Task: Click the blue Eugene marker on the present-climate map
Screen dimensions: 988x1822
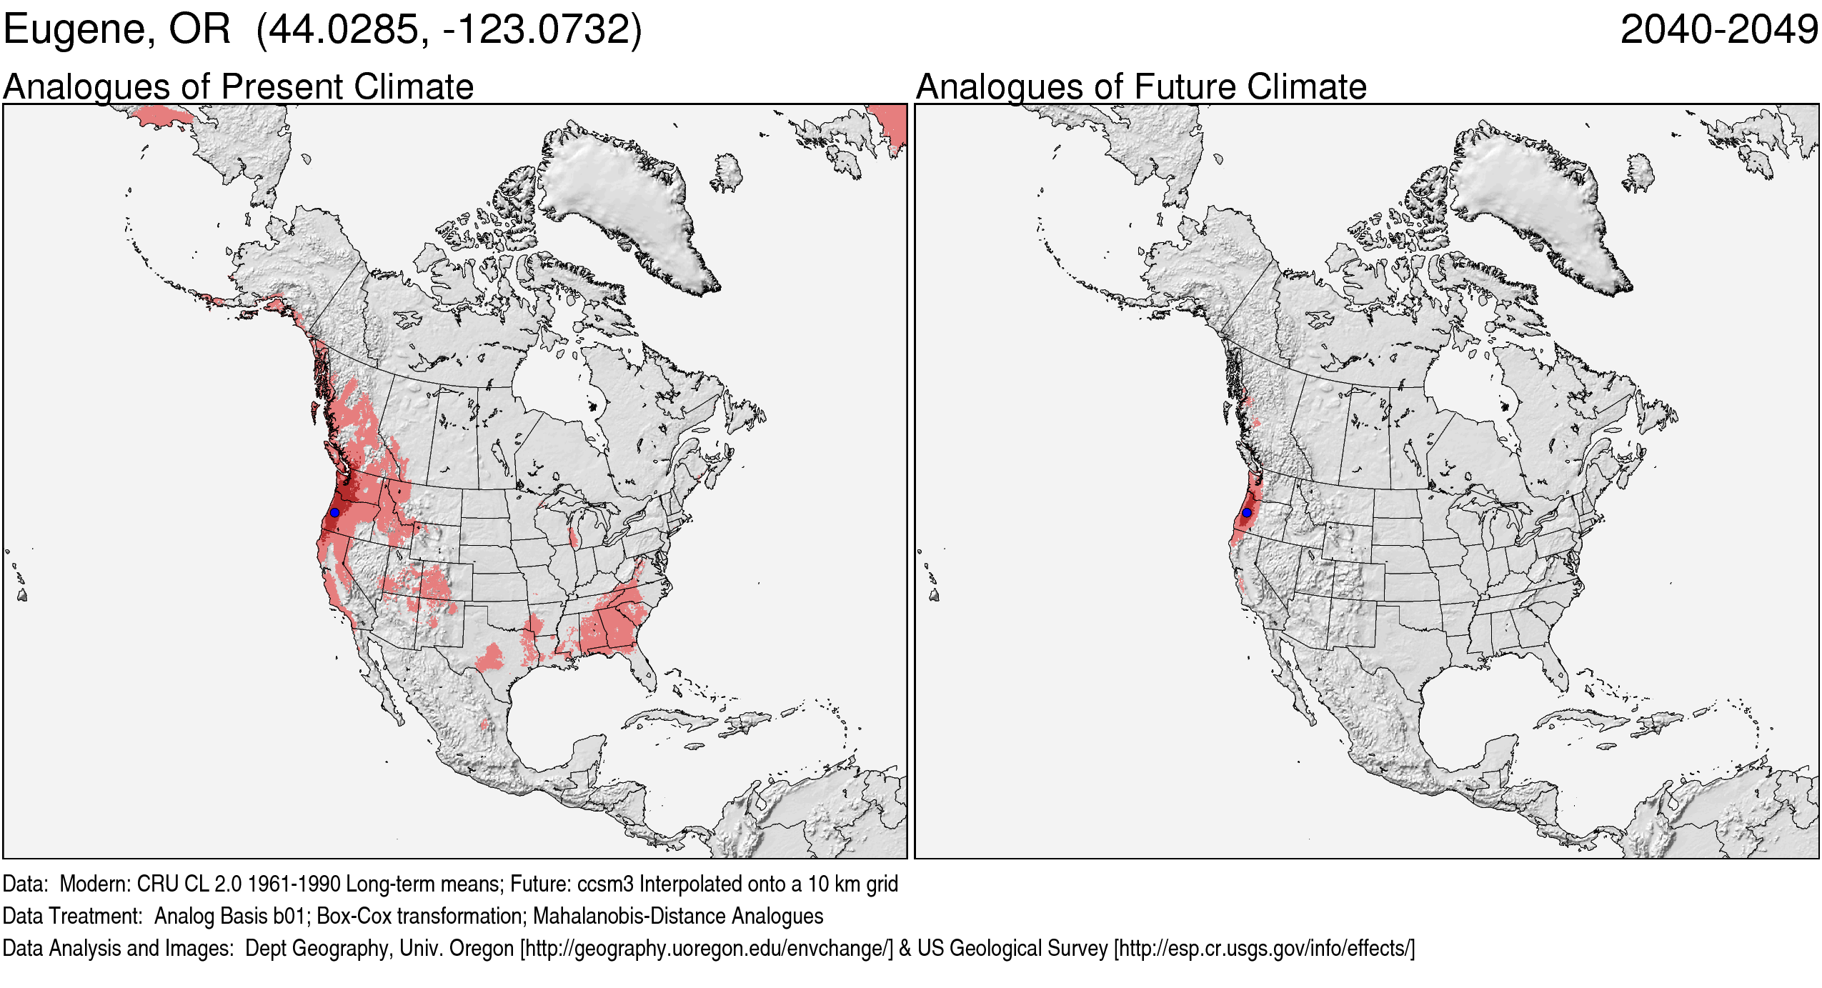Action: coord(334,512)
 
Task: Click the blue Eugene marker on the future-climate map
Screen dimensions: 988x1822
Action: coord(1246,512)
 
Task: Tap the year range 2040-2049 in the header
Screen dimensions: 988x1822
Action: coord(1718,30)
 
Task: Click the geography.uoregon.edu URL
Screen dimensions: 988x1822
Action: coord(707,949)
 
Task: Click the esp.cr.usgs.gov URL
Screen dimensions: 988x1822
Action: coord(1264,949)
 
